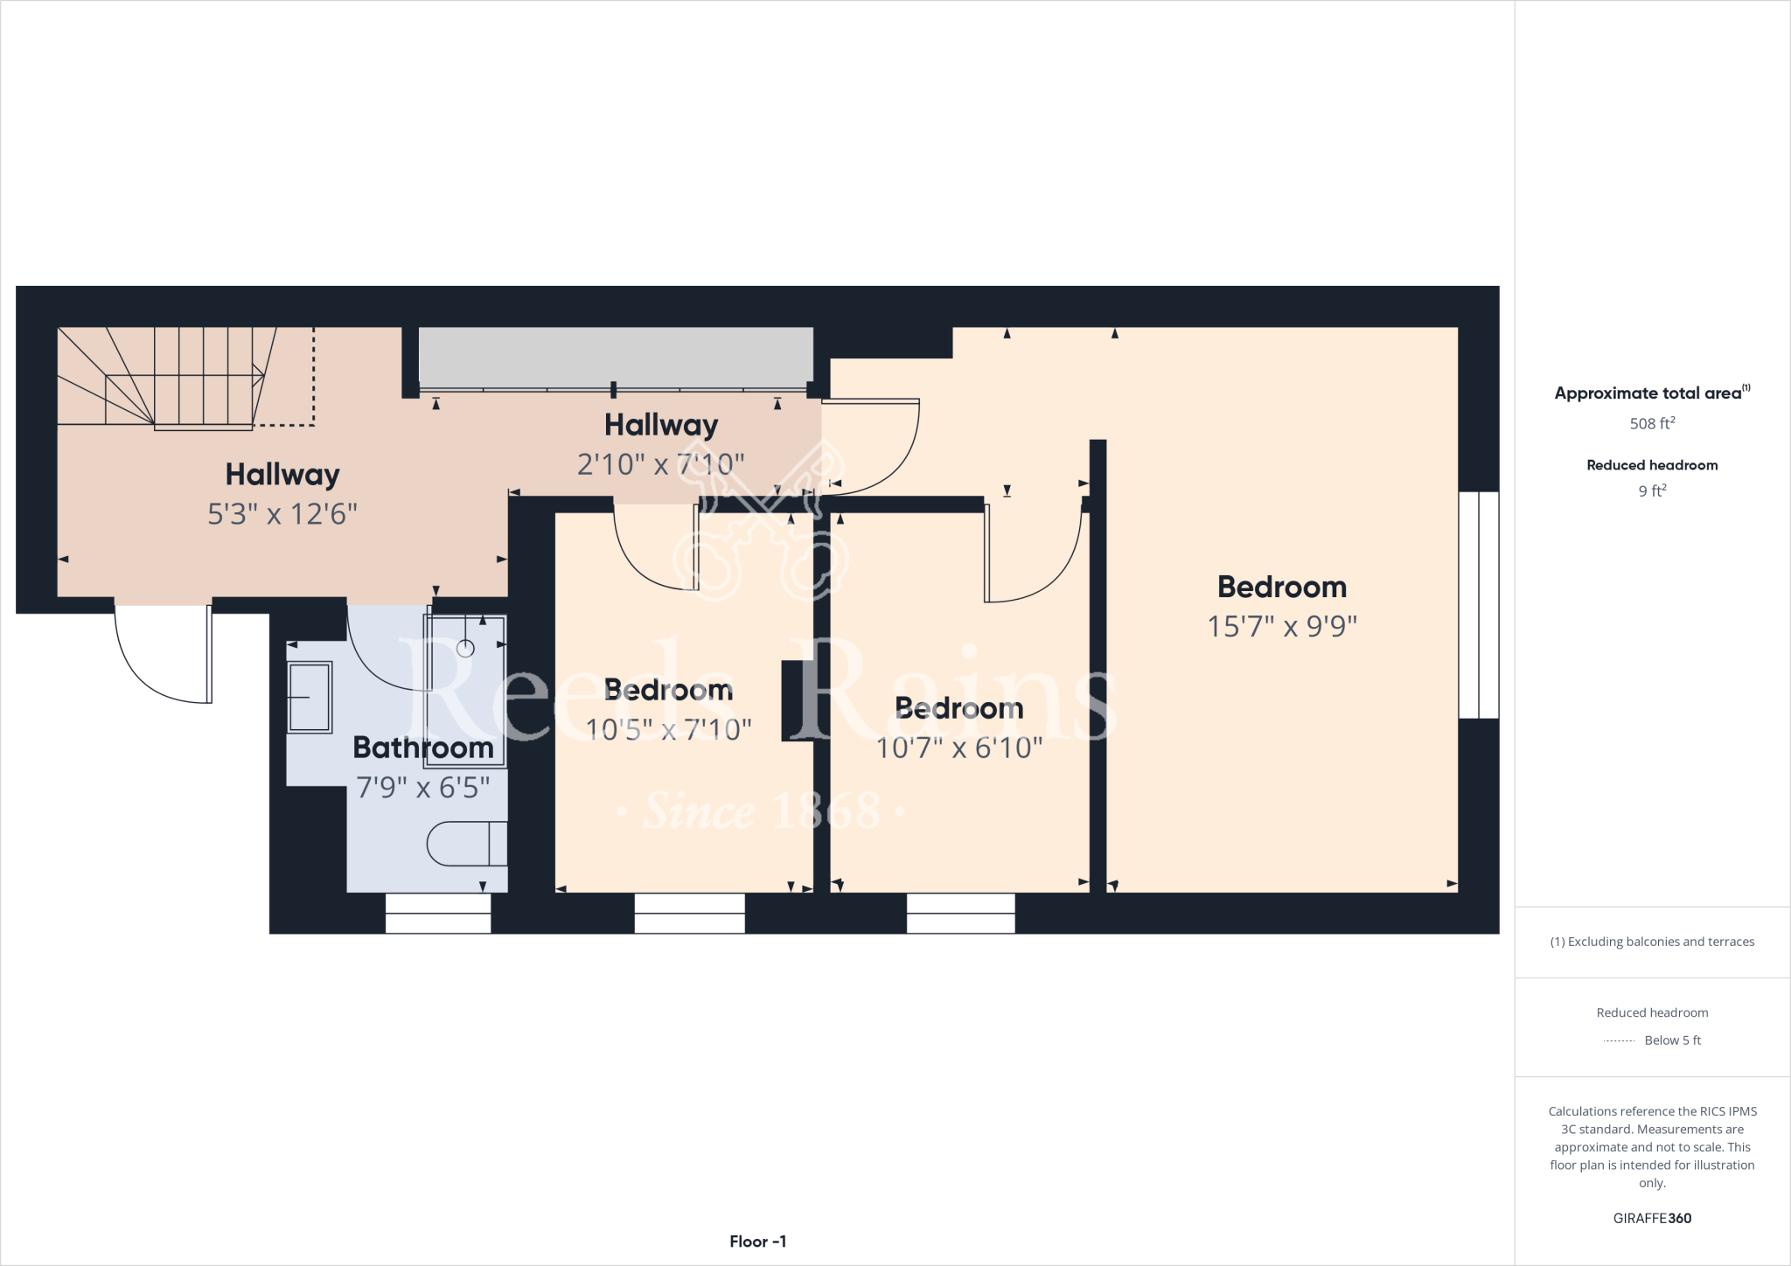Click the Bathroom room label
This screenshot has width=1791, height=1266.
423,748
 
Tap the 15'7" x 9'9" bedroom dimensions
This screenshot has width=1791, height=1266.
1282,626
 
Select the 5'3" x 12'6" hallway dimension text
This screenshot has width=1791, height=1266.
282,513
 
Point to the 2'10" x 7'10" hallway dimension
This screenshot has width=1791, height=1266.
660,463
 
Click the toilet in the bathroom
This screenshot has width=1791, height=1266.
467,844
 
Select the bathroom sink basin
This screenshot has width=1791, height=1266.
310,697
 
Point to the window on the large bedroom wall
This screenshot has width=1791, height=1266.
1479,605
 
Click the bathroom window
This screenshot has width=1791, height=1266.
438,913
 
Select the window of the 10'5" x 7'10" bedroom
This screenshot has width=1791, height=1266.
689,913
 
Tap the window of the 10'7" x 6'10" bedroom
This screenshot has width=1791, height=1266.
960,913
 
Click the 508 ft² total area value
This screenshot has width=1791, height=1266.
1652,424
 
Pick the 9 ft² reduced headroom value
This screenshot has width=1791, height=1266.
1652,491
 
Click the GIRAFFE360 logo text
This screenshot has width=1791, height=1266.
1652,1218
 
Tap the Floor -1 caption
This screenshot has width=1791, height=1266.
758,1242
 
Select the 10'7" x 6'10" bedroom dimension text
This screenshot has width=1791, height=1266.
959,748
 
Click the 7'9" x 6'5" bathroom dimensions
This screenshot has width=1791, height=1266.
423,788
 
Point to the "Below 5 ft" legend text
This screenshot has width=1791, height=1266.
1672,1040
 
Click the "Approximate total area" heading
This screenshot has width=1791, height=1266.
1649,393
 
